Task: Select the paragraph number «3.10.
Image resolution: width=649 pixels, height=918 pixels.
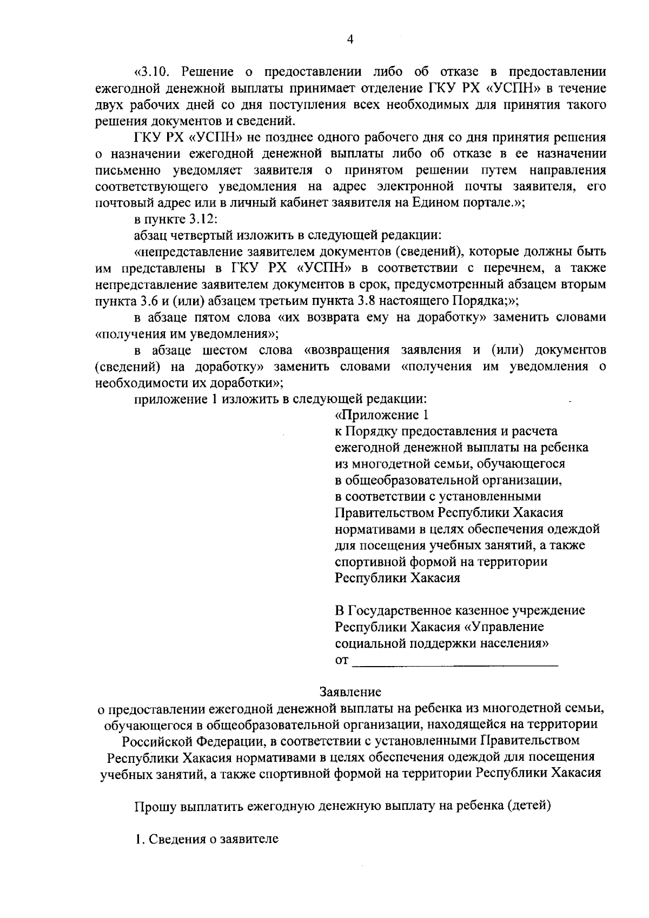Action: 156,72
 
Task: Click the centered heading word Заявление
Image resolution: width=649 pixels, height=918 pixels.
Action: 350,691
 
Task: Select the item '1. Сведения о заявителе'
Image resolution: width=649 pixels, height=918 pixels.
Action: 207,840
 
